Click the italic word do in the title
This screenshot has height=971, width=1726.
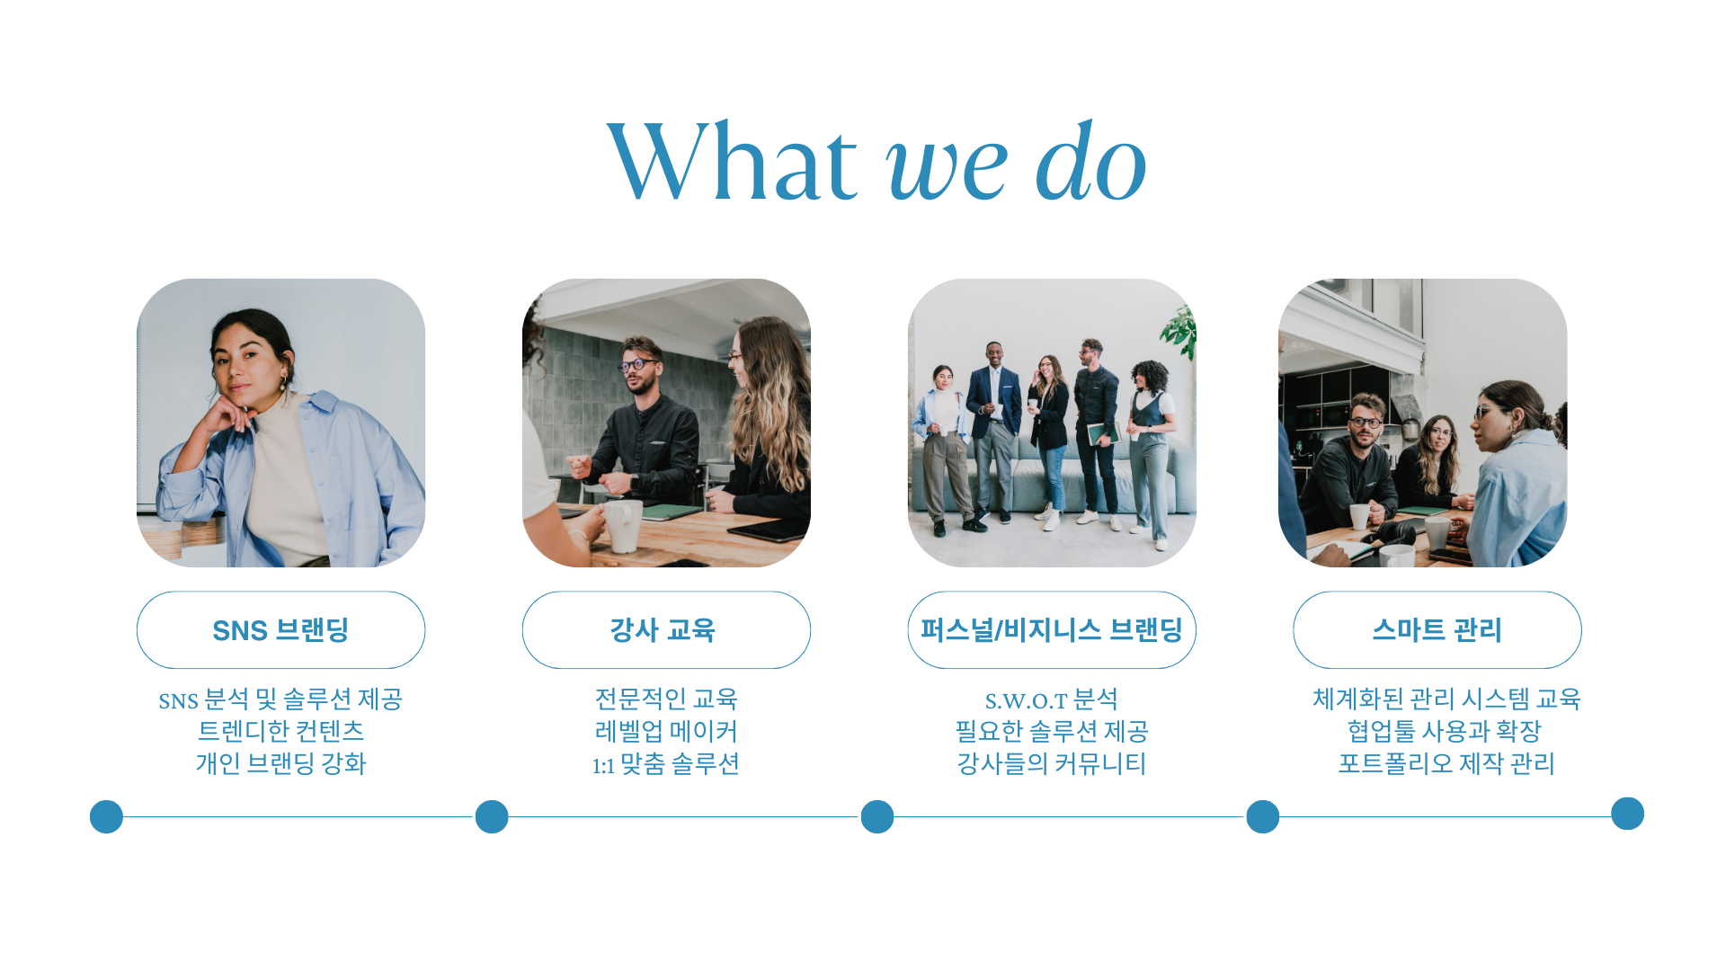(1091, 161)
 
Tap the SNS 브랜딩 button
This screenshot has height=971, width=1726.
(280, 630)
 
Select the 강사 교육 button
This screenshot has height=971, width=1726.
(666, 630)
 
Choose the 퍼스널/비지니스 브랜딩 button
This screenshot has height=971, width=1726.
(1052, 630)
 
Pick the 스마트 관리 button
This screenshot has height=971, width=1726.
(1437, 630)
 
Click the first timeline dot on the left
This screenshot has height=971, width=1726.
(106, 816)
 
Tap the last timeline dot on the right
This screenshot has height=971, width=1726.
(1627, 814)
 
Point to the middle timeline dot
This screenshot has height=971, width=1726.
(877, 816)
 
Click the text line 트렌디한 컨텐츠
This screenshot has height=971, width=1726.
(280, 731)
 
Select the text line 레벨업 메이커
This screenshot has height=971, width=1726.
(666, 731)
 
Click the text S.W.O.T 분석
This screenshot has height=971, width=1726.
(1052, 699)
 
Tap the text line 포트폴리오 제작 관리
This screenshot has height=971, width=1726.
(1446, 763)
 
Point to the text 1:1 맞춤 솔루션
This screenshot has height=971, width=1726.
(666, 764)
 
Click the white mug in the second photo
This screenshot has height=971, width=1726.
(622, 525)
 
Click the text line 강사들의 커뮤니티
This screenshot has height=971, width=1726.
(1052, 763)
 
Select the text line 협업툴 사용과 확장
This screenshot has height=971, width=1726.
(1445, 731)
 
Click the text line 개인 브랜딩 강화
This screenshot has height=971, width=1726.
(280, 763)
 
